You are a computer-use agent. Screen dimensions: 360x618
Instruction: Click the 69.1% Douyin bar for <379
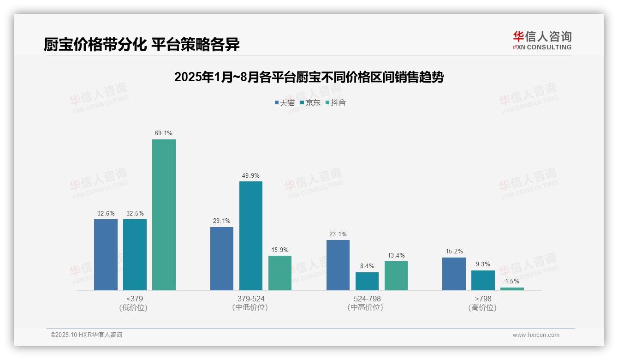164,215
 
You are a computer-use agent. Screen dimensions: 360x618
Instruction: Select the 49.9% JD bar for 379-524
250,236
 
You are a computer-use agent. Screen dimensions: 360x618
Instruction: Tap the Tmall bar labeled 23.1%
338,265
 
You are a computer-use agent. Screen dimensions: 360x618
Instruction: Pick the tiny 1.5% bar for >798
512,289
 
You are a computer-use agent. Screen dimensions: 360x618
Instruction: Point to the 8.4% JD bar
367,281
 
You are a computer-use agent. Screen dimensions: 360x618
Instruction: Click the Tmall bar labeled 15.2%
454,274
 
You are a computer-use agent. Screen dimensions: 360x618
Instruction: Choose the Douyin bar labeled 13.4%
396,276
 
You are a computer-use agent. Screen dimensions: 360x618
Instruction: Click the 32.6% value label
106,214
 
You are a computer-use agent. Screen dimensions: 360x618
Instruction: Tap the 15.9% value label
279,250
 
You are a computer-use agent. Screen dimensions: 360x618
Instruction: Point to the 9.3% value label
483,264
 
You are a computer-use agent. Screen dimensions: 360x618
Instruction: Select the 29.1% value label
221,221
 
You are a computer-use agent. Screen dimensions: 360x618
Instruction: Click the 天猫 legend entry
285,102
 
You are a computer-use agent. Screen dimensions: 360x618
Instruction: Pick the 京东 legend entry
310,102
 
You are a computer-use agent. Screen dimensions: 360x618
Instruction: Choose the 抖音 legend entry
336,102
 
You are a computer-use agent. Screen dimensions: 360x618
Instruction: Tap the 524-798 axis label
367,299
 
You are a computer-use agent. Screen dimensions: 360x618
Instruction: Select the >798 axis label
483,299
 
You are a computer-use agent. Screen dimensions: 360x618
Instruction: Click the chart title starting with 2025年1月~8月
309,77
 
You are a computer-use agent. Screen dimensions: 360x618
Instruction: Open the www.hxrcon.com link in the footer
536,335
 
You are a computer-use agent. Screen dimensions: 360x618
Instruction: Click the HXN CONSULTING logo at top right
542,40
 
